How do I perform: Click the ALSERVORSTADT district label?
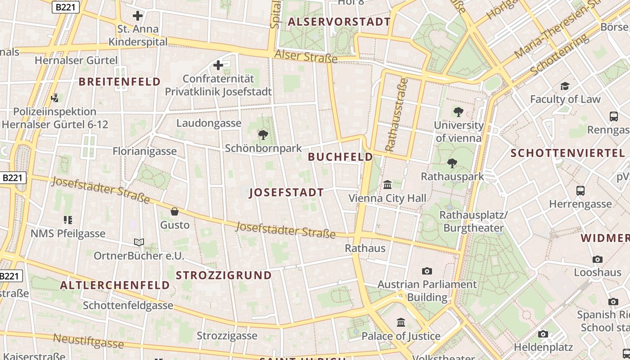pos(339,22)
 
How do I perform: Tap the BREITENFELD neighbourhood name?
pos(120,81)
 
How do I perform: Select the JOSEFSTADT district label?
pos(286,193)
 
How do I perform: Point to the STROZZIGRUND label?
pos(224,275)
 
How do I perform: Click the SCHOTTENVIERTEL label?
pos(568,153)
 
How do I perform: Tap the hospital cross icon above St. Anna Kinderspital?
pos(138,16)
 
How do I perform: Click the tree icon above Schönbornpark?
pos(263,135)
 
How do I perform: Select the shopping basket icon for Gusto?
pos(175,211)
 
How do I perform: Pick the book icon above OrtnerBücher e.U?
pos(139,243)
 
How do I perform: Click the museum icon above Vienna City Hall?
pos(387,184)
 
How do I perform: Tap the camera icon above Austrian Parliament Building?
pos(427,271)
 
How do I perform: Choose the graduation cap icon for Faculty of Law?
pos(565,85)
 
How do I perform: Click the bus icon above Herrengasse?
pos(580,191)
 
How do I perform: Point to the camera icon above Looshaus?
pos(598,259)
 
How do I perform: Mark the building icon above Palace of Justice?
pos(401,322)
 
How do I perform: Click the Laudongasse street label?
pos(209,123)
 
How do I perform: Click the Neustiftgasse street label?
pos(88,341)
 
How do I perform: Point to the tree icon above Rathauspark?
pos(452,163)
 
